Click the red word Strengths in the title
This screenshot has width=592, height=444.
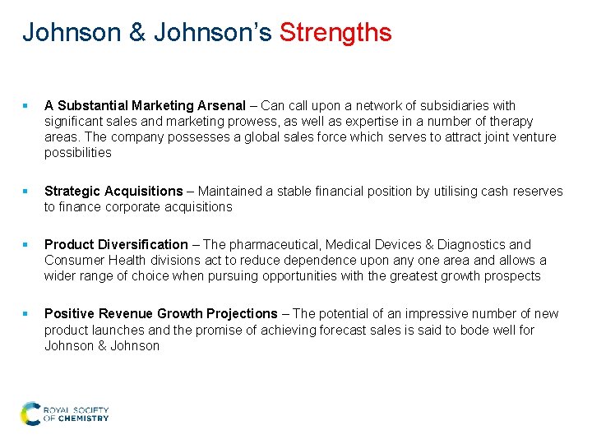pyautogui.click(x=335, y=33)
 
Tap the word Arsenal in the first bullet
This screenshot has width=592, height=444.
pyautogui.click(x=221, y=105)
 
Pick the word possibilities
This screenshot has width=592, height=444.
pyautogui.click(x=78, y=152)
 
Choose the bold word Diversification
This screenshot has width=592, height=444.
pyautogui.click(x=141, y=244)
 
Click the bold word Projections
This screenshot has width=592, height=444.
pyautogui.click(x=239, y=313)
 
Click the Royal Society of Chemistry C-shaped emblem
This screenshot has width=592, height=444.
pyautogui.click(x=30, y=413)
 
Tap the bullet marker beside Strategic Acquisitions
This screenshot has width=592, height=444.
pyautogui.click(x=27, y=192)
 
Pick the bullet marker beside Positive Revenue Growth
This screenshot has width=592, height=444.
pyautogui.click(x=27, y=313)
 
